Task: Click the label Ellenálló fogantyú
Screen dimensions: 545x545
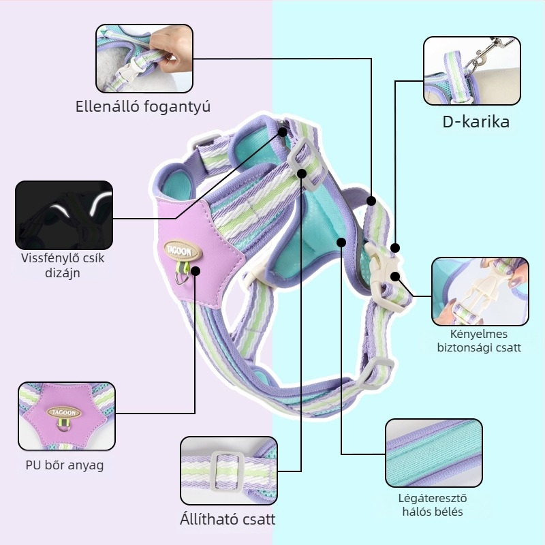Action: tap(143, 106)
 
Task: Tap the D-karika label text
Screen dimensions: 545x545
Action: tap(476, 122)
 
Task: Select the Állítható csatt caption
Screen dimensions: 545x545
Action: tap(228, 519)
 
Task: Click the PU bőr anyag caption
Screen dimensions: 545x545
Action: tap(65, 465)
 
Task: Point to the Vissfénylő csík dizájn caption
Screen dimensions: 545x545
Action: tap(63, 265)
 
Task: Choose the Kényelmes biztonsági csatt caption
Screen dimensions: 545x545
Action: tap(479, 341)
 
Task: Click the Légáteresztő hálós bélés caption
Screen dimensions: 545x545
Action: tap(433, 505)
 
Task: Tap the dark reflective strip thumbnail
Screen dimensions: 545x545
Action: tap(64, 215)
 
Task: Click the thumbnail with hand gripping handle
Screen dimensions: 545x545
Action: tap(144, 59)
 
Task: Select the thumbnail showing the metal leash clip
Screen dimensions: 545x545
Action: tap(472, 71)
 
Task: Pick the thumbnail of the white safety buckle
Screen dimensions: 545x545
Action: tap(480, 292)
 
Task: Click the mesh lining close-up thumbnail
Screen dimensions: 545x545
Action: tap(434, 453)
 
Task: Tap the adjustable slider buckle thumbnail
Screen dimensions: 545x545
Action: tap(229, 471)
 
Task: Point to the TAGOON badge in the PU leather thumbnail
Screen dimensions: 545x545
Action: tap(64, 413)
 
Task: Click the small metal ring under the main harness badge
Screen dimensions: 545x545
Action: tap(182, 278)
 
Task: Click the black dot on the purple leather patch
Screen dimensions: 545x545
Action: tap(196, 270)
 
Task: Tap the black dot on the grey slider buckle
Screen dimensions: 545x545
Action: tap(302, 174)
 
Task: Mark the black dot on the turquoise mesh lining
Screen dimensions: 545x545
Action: tap(342, 243)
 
